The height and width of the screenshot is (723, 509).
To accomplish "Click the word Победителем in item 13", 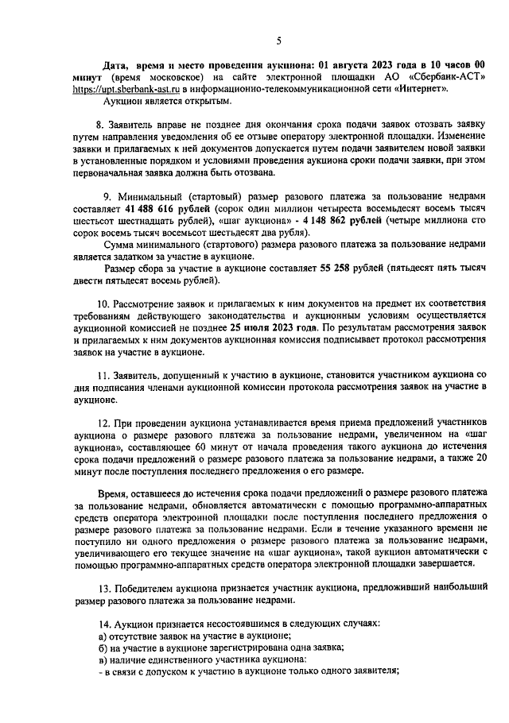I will pos(151,587).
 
